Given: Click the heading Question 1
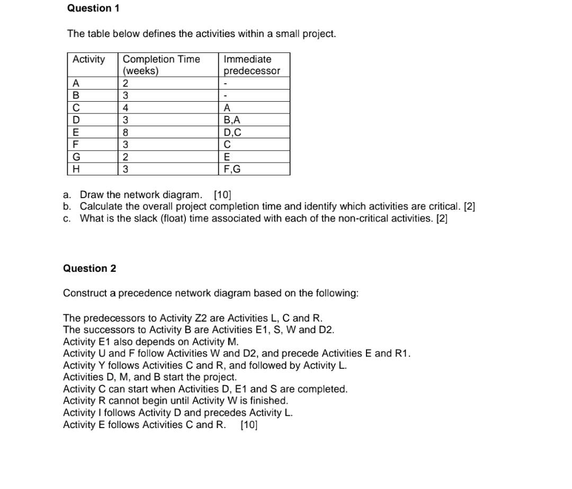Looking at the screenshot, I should coord(93,8).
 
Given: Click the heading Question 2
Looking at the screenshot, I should coord(90,268).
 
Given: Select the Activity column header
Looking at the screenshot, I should coord(88,59).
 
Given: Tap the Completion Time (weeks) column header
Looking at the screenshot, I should coord(161,65).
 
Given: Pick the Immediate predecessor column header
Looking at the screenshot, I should coord(252,65).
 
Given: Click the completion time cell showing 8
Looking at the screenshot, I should coord(126,132).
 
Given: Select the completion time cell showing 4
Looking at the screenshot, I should coord(126,108).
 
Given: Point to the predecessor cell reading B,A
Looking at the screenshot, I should coord(232,120).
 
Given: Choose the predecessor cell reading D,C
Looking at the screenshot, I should coord(233,132).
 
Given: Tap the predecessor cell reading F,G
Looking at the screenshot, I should coord(232,169).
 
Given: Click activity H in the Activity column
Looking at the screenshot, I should coord(76,169).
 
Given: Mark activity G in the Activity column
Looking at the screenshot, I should coord(76,157).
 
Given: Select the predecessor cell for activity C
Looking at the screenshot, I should coord(227,108).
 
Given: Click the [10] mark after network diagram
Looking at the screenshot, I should coord(222,194).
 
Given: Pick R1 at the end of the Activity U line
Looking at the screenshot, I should coord(402,353).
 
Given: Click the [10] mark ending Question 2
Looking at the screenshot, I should coord(249,425).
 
